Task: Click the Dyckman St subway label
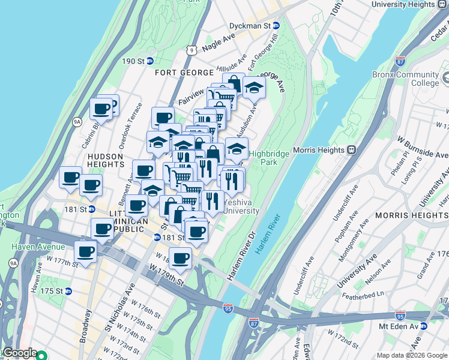(250, 26)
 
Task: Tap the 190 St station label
(133, 61)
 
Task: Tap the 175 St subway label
(52, 291)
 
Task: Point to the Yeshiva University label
(241, 207)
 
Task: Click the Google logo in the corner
(19, 353)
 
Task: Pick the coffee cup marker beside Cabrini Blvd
(101, 109)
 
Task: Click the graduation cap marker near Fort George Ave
(254, 88)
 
